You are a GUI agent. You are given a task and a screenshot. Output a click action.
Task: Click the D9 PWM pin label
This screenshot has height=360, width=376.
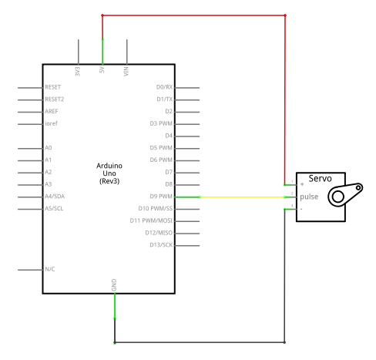(x=161, y=197)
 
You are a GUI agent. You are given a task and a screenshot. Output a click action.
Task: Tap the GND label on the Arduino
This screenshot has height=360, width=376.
(x=114, y=285)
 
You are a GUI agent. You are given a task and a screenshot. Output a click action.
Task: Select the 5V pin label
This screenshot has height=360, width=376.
(x=102, y=69)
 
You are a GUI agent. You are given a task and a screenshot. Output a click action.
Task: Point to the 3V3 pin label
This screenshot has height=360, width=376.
(x=78, y=72)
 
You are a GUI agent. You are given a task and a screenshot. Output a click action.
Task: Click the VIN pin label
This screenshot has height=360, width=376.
(x=126, y=72)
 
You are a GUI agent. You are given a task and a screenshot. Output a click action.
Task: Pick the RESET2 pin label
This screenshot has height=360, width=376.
(x=55, y=99)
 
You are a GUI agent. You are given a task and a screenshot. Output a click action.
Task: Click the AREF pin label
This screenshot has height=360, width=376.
(x=52, y=111)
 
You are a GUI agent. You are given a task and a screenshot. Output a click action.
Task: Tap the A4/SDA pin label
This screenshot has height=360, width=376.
(x=55, y=197)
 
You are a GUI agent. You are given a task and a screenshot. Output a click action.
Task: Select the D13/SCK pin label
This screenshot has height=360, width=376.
(x=161, y=245)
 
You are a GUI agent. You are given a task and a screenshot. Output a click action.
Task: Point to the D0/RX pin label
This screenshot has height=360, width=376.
(x=164, y=87)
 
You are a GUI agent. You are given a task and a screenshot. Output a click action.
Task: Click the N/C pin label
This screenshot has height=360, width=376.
(x=50, y=269)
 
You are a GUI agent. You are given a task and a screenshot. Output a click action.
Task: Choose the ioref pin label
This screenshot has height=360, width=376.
(x=51, y=123)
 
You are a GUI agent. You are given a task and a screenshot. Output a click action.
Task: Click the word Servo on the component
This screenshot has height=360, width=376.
(x=320, y=178)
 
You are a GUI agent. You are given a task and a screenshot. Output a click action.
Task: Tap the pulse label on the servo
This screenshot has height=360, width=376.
(x=309, y=197)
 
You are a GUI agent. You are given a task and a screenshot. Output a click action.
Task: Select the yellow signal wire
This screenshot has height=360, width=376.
(x=243, y=197)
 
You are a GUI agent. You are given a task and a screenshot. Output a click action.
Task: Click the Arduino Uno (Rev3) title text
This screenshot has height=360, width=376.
(x=109, y=173)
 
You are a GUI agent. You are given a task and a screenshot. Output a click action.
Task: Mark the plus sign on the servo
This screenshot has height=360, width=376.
(x=302, y=184)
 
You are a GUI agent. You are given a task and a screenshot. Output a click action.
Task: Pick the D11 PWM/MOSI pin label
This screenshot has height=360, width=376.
(x=151, y=220)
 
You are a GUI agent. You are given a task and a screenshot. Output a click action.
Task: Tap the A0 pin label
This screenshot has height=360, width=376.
(x=49, y=148)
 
